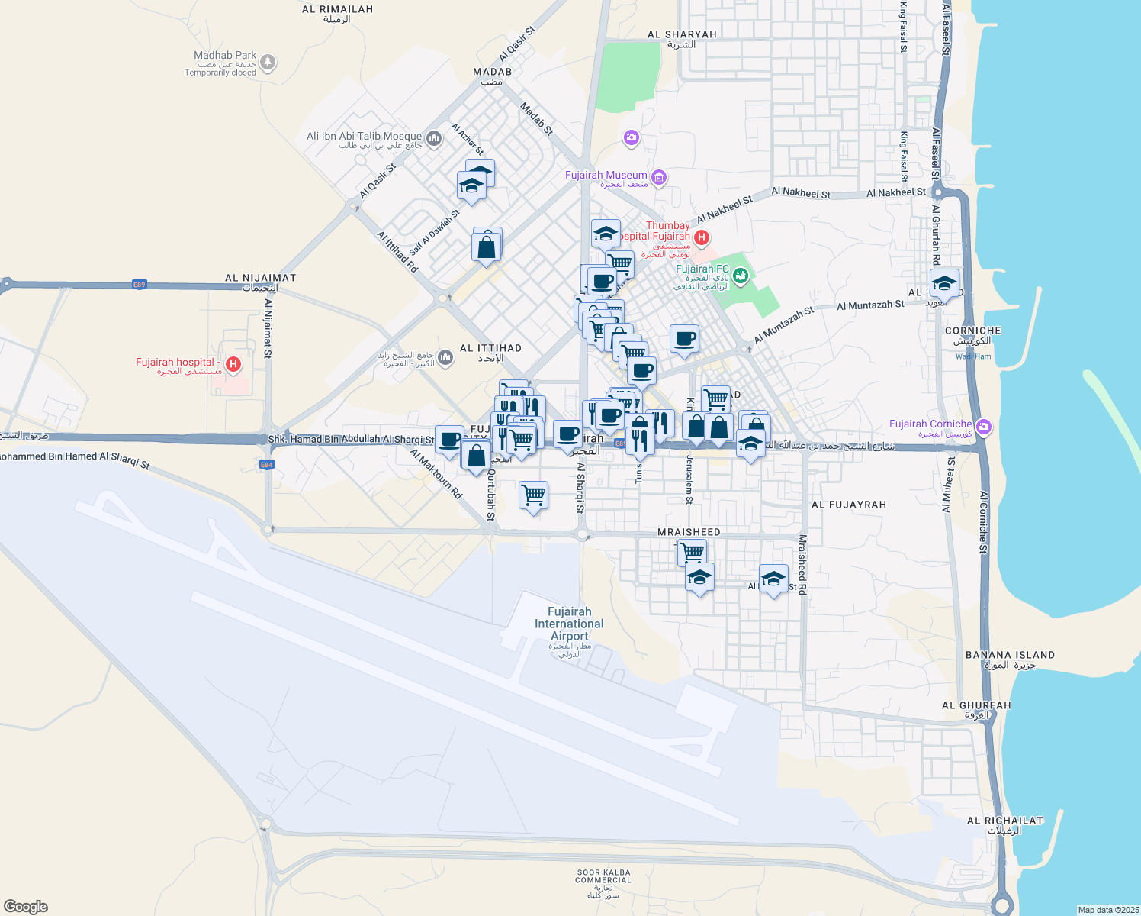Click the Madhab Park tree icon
point(267,63)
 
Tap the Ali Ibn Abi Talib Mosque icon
point(434,138)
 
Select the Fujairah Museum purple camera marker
point(659,178)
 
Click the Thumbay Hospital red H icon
point(702,237)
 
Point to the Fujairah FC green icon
point(739,274)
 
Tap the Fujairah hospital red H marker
point(233,365)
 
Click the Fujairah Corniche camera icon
point(984,426)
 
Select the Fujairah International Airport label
point(569,624)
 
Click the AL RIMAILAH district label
point(337,10)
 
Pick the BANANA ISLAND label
point(1010,655)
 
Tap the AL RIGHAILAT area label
point(1004,821)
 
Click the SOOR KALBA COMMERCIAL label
point(603,876)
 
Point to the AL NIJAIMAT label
point(260,278)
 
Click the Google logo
point(26,906)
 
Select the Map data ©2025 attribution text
point(1107,910)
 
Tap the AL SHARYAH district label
point(682,34)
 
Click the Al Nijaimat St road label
point(268,328)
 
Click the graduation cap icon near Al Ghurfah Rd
point(944,282)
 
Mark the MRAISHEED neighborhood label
point(689,532)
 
